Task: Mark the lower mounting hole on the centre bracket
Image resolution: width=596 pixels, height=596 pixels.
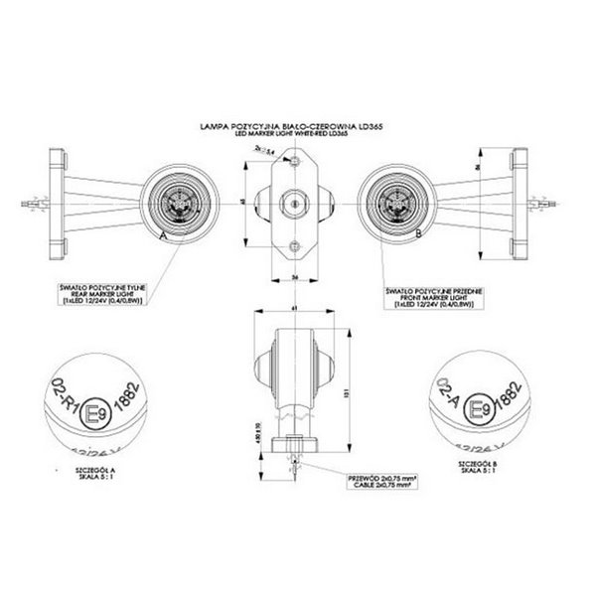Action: pos(292,245)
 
